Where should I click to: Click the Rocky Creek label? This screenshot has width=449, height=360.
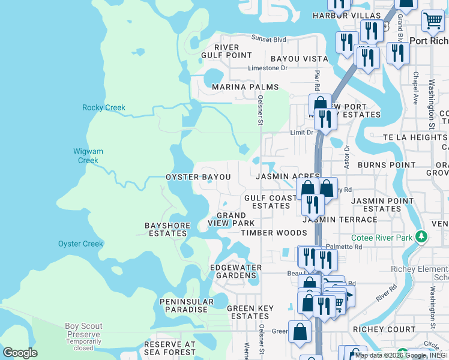(104, 108)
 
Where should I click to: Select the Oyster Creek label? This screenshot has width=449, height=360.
(80, 244)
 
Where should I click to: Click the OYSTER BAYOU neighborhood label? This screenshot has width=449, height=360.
(198, 178)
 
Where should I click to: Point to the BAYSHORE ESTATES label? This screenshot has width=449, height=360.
(167, 230)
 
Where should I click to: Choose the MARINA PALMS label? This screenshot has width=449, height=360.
(245, 87)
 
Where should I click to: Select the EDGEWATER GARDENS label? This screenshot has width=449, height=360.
(234, 271)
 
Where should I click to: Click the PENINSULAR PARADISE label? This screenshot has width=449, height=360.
(187, 306)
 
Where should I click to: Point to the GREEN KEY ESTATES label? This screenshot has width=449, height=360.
(250, 313)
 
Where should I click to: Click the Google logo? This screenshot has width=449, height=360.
(20, 352)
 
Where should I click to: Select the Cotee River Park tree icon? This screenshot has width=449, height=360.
(422, 238)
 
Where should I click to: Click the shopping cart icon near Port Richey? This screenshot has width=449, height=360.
(432, 22)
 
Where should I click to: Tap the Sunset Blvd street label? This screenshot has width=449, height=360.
(268, 39)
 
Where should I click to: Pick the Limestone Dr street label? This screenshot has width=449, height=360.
(268, 68)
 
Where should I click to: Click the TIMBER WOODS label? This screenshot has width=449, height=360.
(274, 233)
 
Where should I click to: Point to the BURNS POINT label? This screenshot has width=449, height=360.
(386, 165)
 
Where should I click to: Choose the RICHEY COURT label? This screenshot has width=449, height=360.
(384, 329)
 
